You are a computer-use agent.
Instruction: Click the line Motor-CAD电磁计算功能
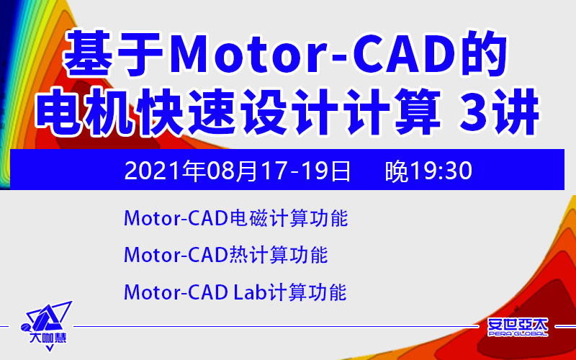coord(236,219)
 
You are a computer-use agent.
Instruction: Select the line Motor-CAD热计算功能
coord(225,255)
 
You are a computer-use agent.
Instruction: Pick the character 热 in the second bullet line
coord(239,255)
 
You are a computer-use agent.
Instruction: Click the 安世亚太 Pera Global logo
coord(518,327)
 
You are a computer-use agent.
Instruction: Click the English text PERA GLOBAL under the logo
coord(518,333)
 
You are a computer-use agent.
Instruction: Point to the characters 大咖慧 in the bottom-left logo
coord(48,338)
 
